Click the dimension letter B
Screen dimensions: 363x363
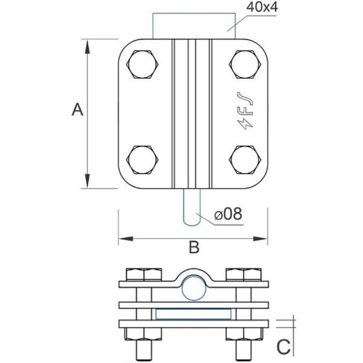(193, 248)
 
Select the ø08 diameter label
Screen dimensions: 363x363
(228, 215)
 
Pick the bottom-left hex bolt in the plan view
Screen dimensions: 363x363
(142, 161)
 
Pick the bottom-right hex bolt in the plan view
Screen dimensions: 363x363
(245, 161)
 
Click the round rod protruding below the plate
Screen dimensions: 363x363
(193, 207)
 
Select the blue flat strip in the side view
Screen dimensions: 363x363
(193, 314)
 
